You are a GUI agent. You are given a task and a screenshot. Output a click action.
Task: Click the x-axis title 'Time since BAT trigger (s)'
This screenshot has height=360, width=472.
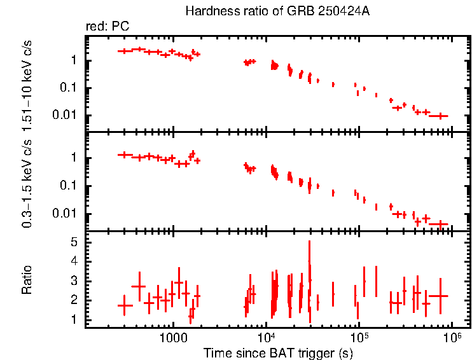pyautogui.click(x=279, y=352)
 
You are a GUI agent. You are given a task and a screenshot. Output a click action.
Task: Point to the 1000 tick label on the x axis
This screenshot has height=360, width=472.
pyautogui.click(x=172, y=338)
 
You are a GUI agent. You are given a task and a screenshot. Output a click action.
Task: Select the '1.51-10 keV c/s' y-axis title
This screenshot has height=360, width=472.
pyautogui.click(x=29, y=83)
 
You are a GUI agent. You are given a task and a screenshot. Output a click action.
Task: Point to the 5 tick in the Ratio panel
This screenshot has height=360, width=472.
pyautogui.click(x=74, y=242)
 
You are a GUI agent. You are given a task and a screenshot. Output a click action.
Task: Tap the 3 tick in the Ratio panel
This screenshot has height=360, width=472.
pyautogui.click(x=74, y=280)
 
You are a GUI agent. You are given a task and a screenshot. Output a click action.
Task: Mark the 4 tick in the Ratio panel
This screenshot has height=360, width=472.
pyautogui.click(x=74, y=261)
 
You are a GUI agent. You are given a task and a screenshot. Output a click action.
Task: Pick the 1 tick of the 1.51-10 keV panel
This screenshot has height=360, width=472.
pyautogui.click(x=74, y=61)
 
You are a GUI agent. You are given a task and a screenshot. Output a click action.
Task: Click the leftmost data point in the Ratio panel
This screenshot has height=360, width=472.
pyautogui.click(x=125, y=305)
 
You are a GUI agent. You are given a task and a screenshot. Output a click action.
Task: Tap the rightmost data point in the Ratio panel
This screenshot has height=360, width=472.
pyautogui.click(x=439, y=296)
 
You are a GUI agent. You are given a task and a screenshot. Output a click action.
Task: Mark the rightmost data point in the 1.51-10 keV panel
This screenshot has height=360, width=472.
pyautogui.click(x=439, y=116)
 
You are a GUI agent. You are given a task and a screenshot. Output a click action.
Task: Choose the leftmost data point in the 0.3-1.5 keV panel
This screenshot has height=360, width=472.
pyautogui.click(x=125, y=155)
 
